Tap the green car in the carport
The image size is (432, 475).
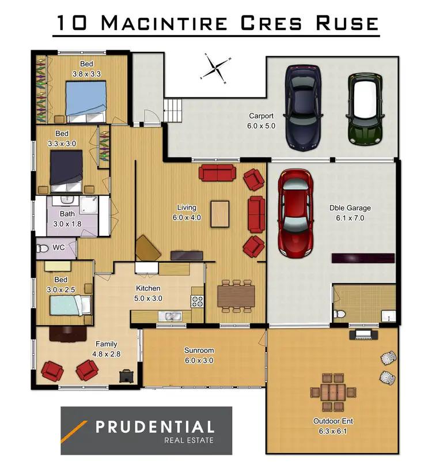(363, 109)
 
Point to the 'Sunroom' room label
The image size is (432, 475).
(199, 350)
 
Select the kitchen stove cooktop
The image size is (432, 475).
(196, 300)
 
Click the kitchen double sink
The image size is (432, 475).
(172, 315)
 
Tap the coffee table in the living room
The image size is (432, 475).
(219, 213)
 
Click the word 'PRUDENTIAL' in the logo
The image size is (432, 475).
(154, 427)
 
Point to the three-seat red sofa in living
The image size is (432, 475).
(217, 172)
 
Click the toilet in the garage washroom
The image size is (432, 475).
(340, 314)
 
